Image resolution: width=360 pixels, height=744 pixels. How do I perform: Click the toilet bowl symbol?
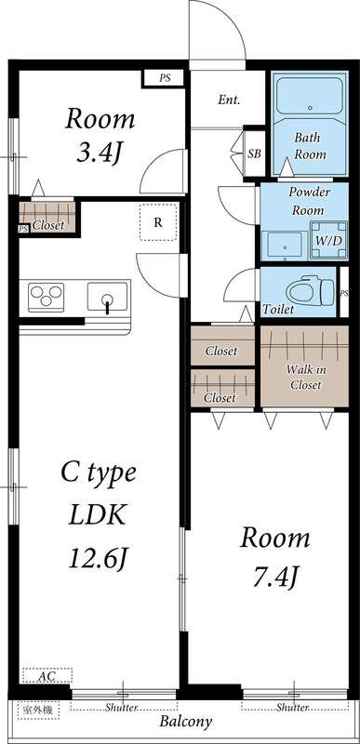click(310, 291)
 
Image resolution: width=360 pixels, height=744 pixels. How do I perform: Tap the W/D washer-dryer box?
click(328, 240)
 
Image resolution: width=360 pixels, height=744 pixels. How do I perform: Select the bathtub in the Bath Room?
click(310, 99)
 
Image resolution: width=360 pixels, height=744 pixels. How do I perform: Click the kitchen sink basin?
click(108, 298)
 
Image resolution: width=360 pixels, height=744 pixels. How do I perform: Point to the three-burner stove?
click(46, 297)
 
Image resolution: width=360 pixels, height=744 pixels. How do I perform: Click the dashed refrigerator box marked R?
click(158, 222)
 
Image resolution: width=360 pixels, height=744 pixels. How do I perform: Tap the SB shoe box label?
click(255, 154)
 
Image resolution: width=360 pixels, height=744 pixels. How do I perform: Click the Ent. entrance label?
click(229, 100)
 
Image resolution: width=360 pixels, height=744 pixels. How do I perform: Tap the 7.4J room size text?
click(275, 576)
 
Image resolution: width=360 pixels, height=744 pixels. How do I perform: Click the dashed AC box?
click(47, 675)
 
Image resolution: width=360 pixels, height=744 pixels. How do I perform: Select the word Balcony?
click(185, 723)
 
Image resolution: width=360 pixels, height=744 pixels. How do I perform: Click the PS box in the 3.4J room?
click(164, 79)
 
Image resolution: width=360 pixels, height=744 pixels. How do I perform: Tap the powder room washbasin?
click(285, 245)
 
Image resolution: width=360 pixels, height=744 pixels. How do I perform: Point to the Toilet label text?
click(278, 310)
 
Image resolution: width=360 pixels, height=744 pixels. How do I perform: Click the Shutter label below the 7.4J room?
click(293, 708)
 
